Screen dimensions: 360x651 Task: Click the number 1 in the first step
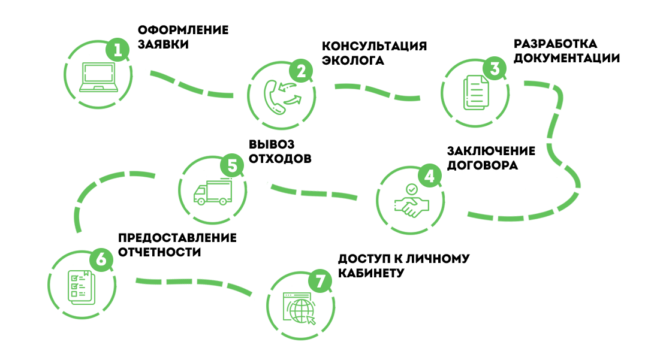117,51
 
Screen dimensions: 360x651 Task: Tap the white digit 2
301,72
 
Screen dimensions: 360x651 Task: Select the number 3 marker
495,69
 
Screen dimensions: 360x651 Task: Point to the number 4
429,177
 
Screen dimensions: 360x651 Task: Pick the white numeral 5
233,167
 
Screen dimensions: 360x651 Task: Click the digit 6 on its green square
101,260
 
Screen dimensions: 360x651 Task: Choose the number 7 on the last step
320,282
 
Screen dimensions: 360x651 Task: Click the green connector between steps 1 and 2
192,84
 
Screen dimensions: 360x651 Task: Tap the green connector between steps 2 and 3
375,92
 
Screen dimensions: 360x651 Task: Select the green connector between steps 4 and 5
312,191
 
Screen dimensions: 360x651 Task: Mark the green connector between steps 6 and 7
197,288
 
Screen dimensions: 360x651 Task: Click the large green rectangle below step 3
523,180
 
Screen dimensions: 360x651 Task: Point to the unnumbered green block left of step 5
114,202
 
